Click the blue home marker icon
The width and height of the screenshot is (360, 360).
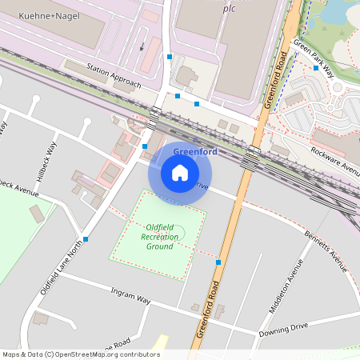click(180, 172)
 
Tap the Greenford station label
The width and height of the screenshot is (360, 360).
click(195, 152)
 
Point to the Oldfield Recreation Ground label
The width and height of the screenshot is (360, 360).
click(159, 237)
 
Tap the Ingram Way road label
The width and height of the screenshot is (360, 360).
click(131, 298)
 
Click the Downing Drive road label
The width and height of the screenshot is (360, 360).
click(282, 329)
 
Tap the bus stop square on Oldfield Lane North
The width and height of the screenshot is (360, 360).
click(86, 238)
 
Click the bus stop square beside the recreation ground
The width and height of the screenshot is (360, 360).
click(218, 262)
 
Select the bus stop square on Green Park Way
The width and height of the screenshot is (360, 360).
click(316, 68)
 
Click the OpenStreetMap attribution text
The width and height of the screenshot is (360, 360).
click(80, 354)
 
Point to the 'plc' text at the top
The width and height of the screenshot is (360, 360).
click(229, 8)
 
